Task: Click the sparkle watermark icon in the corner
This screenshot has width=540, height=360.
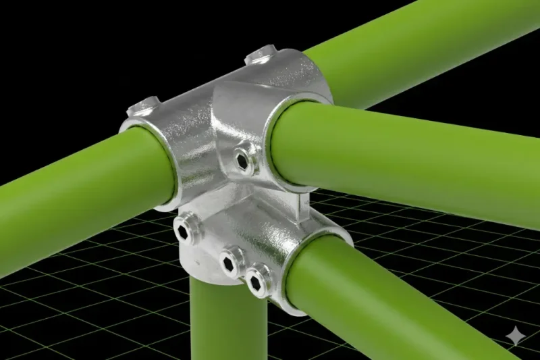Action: coord(516,336)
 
